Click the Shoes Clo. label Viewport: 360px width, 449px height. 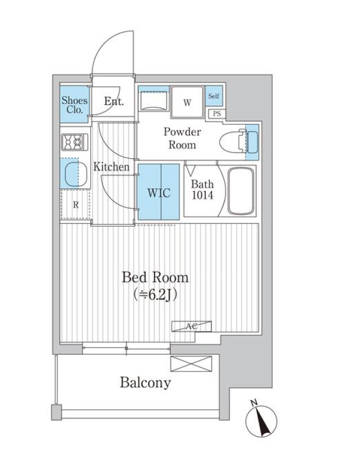click(75, 105)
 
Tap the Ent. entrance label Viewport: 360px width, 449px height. click(114, 101)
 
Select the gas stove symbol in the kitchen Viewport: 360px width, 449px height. click(75, 141)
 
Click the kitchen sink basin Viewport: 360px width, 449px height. click(76, 174)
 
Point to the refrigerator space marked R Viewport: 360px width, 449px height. click(76, 204)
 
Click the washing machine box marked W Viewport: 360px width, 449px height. click(187, 103)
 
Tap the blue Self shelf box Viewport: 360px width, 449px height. click(214, 96)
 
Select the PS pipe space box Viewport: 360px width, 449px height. click(217, 114)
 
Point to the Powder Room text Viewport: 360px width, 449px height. click(182, 138)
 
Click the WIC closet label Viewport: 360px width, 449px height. click(159, 193)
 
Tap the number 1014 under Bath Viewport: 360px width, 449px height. click(202, 196)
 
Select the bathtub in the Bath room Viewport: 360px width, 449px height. click(241, 191)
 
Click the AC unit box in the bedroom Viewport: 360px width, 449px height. click(192, 326)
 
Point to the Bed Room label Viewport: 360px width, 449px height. click(155, 277)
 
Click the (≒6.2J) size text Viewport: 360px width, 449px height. click(155, 294)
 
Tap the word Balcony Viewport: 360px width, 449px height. click(145, 383)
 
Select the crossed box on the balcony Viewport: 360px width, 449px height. click(191, 364)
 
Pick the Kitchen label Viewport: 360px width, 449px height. click(111, 167)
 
